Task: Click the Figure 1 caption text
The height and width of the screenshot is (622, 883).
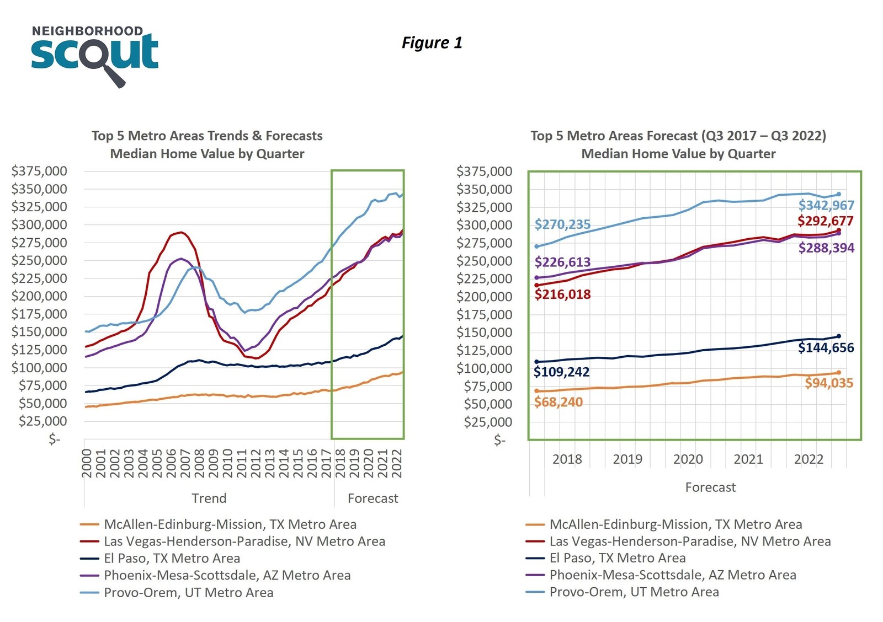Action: coord(432,42)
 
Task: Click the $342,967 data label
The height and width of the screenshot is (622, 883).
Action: coord(826,206)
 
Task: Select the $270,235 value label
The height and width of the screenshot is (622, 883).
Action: coord(562,224)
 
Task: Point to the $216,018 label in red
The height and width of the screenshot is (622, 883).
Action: coord(562,294)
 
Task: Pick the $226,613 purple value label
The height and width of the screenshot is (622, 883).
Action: coord(562,262)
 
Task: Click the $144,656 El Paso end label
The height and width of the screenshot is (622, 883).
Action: coord(826,348)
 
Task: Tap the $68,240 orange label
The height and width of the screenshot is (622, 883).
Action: coord(558,403)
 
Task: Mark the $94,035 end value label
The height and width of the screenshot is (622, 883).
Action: coord(829,383)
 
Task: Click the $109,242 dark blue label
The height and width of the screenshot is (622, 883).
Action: coord(561,372)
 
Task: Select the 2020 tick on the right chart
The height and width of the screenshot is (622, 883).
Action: coord(688,459)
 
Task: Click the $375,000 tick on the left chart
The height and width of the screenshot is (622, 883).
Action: coord(39,171)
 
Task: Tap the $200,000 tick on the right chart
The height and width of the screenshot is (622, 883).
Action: coord(484,297)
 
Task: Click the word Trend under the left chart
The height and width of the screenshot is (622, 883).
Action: coord(209,498)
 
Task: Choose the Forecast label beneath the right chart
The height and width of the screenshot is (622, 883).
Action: coord(710,487)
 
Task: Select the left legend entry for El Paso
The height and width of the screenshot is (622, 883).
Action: coord(172,559)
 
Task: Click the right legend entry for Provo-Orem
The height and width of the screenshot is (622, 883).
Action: coord(634,592)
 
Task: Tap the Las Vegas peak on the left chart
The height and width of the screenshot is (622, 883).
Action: coord(180,232)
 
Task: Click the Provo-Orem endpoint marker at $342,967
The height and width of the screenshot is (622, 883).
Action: coord(839,194)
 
